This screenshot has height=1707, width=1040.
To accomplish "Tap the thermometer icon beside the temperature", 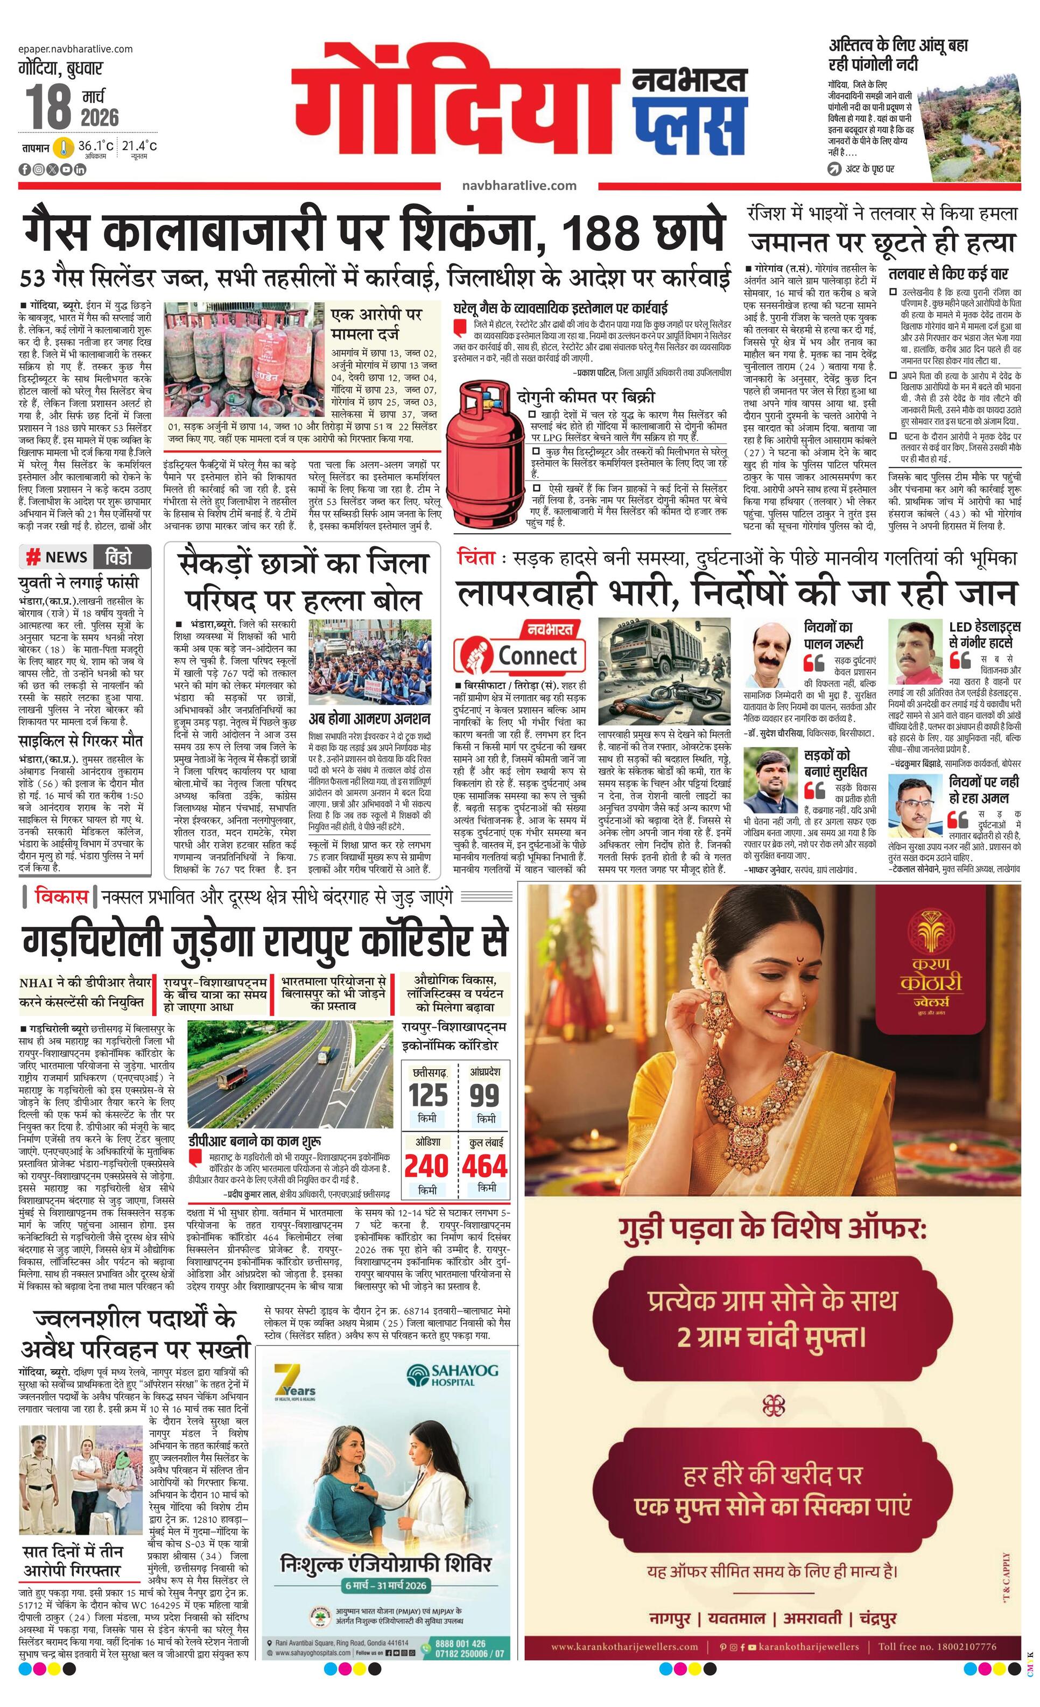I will coord(64,147).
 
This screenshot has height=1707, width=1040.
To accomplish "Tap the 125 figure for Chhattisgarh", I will coord(427,1095).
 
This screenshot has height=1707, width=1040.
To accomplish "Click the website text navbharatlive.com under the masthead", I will coord(519,185).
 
